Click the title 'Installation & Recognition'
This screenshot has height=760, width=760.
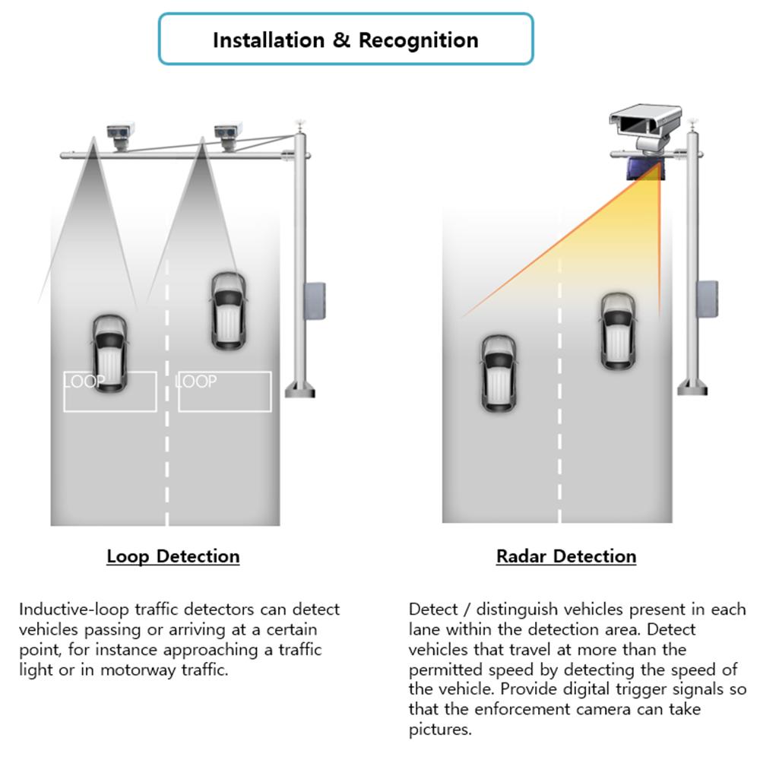click(345, 40)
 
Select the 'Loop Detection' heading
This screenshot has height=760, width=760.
click(173, 556)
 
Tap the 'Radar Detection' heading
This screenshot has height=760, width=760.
click(566, 556)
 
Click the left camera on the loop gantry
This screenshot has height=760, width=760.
click(119, 135)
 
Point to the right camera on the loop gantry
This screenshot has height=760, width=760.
click(227, 135)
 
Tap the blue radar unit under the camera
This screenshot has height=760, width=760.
click(644, 169)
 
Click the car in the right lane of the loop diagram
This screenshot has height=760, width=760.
click(228, 310)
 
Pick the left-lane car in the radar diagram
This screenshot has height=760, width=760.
click(499, 373)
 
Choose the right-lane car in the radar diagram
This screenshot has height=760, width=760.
click(617, 331)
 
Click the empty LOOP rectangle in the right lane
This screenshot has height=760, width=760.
click(225, 391)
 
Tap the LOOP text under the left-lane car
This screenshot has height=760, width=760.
click(84, 382)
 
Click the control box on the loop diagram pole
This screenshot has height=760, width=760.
click(315, 300)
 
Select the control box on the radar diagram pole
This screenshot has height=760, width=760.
click(707, 299)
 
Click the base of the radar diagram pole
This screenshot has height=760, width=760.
click(692, 388)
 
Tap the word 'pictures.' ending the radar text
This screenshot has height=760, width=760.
click(440, 730)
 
